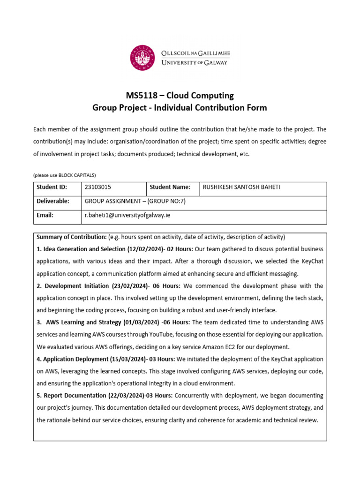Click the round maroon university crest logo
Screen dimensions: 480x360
click(x=142, y=58)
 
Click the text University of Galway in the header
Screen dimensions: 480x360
click(x=194, y=63)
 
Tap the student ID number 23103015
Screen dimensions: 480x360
click(x=98, y=187)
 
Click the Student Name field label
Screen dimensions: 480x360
click(x=170, y=187)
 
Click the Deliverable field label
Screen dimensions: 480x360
click(x=53, y=201)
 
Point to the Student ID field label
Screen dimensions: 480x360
click(x=52, y=187)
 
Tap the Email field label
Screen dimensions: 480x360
click(x=45, y=215)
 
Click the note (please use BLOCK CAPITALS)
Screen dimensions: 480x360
click(x=64, y=175)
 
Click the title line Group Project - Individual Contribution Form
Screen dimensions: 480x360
click(x=180, y=108)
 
